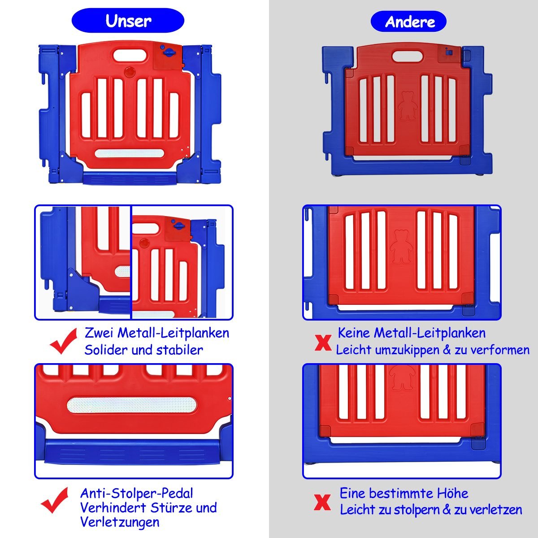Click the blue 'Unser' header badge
128,20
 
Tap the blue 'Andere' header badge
408,22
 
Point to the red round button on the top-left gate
130,72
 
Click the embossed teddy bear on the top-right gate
408,106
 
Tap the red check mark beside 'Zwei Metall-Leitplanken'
64,341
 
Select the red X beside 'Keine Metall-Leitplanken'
323,343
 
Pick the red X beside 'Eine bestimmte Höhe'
322,502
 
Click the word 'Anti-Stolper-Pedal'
137,494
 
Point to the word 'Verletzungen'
120,522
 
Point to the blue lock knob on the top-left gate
168,52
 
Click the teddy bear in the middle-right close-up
401,247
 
